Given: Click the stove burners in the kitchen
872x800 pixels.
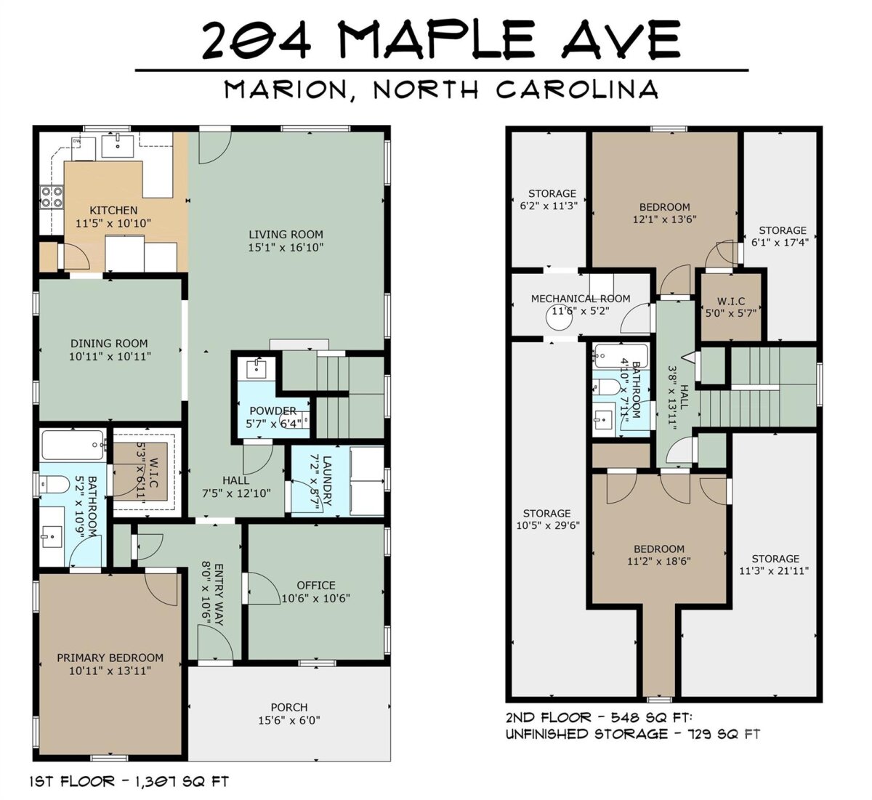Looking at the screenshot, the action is (x=52, y=196).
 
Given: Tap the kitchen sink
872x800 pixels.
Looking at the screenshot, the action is (x=118, y=146).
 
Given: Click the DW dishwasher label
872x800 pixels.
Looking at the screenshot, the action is (x=76, y=141).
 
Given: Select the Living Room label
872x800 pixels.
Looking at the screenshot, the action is (x=286, y=235).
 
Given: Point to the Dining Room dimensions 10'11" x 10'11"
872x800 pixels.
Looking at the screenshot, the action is (x=110, y=357).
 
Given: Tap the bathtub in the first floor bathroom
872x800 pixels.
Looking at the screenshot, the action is (x=73, y=445).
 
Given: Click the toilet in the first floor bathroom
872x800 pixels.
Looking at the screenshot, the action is (x=54, y=485).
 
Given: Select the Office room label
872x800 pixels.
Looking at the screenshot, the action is (x=316, y=585).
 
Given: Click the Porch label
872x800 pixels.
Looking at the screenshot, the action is (x=289, y=708).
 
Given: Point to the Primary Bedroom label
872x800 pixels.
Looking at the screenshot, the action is (x=110, y=658).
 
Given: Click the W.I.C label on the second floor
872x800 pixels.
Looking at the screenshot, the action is (x=731, y=301).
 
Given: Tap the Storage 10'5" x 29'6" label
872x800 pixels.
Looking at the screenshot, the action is (x=547, y=519).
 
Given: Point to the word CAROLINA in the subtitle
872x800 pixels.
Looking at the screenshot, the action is (x=577, y=89).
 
